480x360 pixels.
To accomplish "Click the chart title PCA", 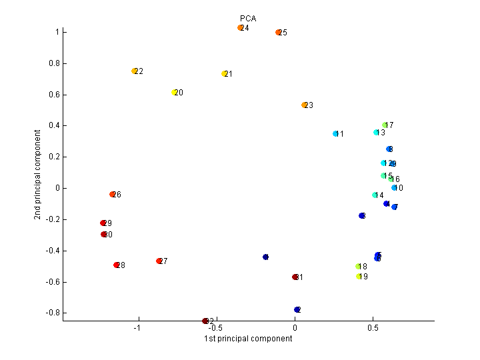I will pos(248,19).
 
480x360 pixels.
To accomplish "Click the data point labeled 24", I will pos(240,28).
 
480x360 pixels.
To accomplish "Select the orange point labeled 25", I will pos(279,32).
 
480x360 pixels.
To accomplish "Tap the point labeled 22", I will pos(135,71).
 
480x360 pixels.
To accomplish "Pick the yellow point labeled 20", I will pos(174,93).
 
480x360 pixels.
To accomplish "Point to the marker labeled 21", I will pos(225,74).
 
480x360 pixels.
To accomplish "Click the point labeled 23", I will pos(304,105).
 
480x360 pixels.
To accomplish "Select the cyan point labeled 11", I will pos(336,134).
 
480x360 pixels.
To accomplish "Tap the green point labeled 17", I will pos(385,125).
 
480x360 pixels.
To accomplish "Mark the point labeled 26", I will pos(113,195).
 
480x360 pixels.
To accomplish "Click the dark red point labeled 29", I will pos(103,223).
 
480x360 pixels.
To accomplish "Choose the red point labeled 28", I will pos(117,265).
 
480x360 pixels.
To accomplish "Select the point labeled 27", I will pos(159,261).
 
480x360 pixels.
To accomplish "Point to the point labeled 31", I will pos(295,277).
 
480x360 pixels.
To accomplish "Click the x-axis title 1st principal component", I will pos(248,339).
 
